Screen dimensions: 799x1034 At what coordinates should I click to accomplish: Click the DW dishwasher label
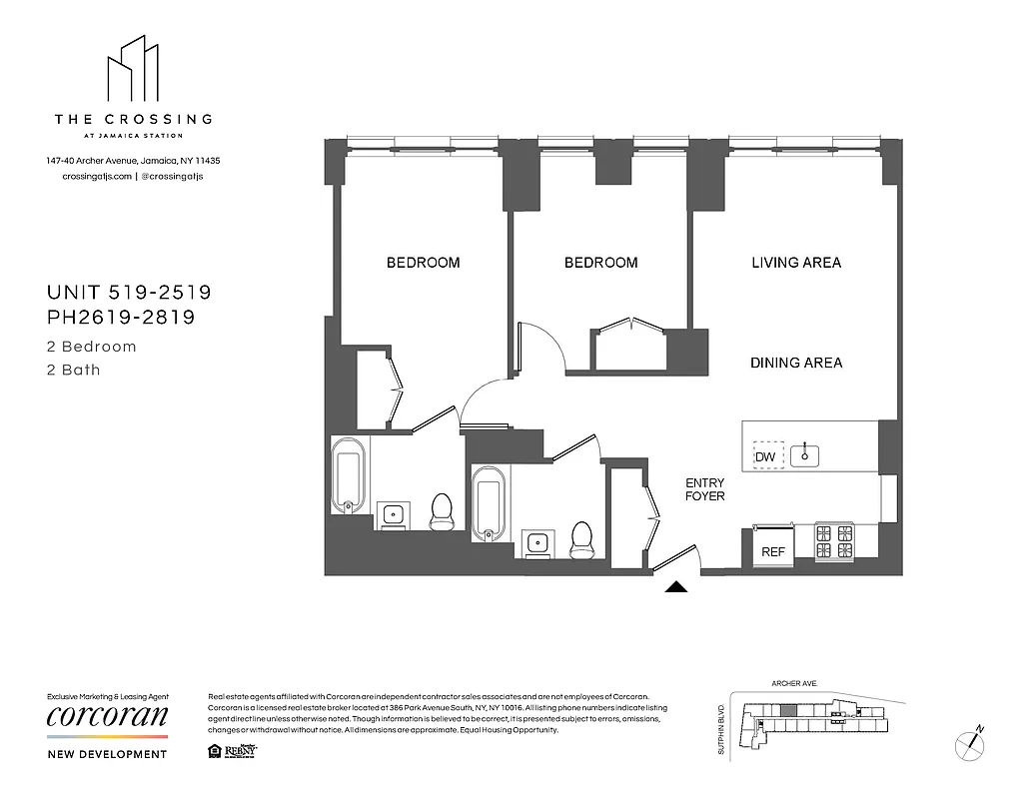tap(765, 457)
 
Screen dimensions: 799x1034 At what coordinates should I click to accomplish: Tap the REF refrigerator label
tap(772, 551)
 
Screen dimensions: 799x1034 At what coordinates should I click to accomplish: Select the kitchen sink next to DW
tap(804, 456)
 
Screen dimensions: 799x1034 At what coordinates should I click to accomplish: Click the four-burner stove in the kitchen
tap(834, 540)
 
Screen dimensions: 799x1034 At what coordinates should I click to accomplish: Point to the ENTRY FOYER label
tap(704, 489)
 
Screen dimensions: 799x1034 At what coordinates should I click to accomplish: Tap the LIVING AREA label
tap(796, 263)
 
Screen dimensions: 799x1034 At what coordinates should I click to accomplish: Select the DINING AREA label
tap(796, 363)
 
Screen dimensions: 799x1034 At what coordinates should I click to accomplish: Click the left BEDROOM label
tap(424, 263)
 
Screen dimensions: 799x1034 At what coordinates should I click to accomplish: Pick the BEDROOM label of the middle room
tap(600, 263)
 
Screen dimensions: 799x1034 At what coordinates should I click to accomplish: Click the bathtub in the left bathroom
tap(349, 475)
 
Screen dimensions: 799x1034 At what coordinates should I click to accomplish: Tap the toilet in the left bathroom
tap(441, 511)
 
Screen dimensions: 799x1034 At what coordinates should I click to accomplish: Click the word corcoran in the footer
tap(107, 717)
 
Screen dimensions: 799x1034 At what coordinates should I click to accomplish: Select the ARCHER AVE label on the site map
tap(794, 684)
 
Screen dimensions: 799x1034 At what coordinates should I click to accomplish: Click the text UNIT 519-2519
tap(129, 293)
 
